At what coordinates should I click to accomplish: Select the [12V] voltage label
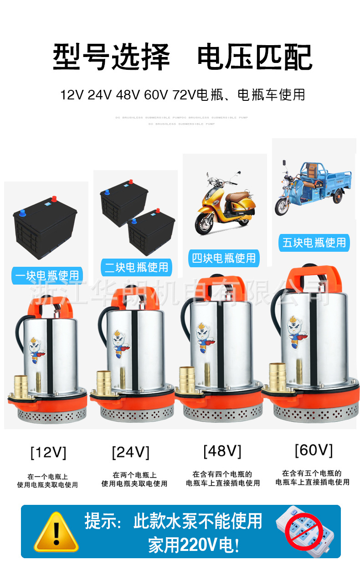click(48, 452)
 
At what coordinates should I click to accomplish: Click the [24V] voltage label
click(131, 452)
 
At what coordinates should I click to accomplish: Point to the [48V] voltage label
click(222, 451)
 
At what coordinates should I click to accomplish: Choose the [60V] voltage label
click(314, 450)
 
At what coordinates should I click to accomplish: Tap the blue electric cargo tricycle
click(313, 187)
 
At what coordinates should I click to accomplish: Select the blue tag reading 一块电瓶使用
click(47, 275)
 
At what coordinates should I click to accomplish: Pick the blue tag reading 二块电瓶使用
click(136, 267)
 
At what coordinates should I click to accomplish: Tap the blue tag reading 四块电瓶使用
click(223, 258)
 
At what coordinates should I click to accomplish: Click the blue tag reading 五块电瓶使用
click(314, 243)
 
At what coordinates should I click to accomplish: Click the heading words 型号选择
click(111, 58)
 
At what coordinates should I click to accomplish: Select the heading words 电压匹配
click(254, 58)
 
